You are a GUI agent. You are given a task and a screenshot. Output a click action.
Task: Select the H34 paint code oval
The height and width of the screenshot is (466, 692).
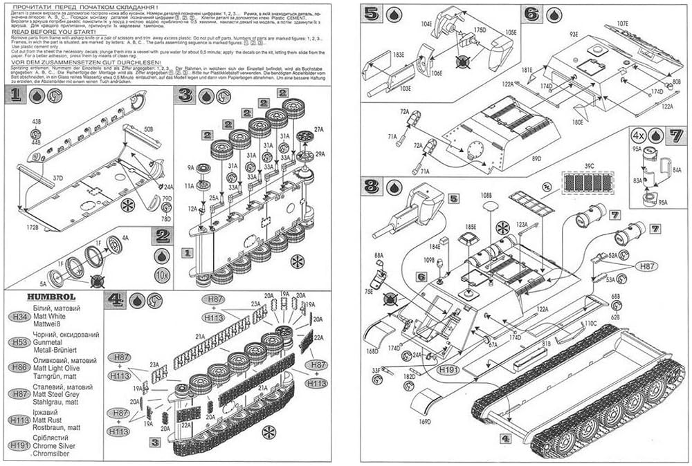(x=17, y=317)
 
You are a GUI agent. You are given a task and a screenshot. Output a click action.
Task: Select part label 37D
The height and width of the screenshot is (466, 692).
(x=57, y=178)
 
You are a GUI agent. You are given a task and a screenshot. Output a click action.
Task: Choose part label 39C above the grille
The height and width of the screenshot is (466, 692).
(x=589, y=166)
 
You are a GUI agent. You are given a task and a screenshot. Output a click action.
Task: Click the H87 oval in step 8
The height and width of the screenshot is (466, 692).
(x=646, y=265)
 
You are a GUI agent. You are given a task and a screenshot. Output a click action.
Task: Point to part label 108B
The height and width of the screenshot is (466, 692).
(x=489, y=196)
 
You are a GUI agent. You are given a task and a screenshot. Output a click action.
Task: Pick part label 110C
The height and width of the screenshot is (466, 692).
(x=589, y=323)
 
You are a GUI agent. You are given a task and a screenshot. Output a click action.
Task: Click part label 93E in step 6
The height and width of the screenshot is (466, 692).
(x=574, y=34)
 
